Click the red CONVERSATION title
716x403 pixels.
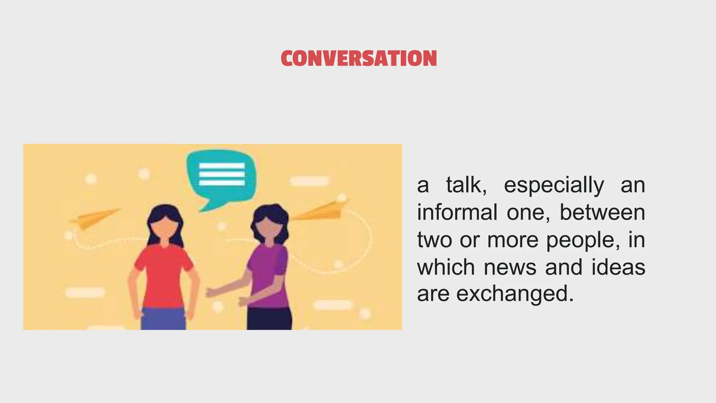(x=359, y=58)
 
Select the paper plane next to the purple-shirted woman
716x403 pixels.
(x=322, y=211)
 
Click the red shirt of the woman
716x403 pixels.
(x=164, y=276)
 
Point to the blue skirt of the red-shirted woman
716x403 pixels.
(x=163, y=319)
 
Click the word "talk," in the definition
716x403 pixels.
(x=466, y=185)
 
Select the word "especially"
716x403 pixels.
(x=554, y=186)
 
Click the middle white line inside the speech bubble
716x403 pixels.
(x=222, y=174)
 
